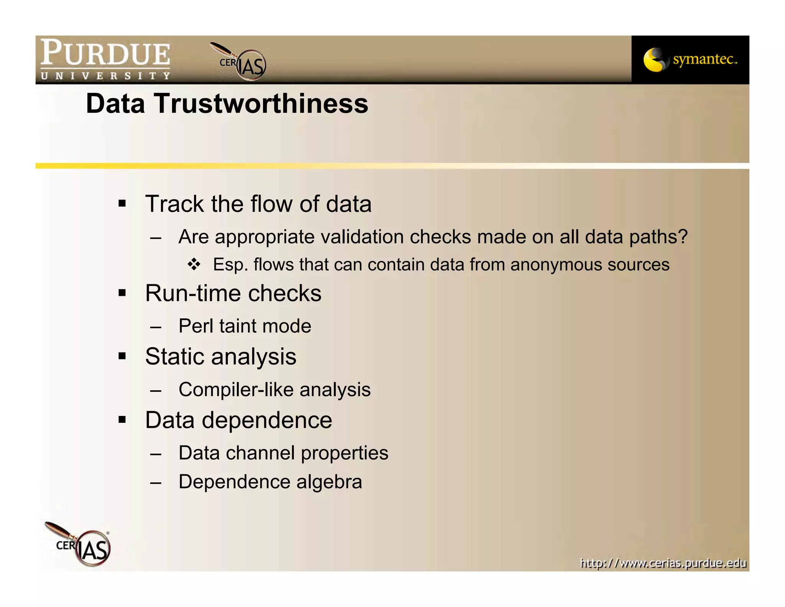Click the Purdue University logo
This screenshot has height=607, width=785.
tap(105, 59)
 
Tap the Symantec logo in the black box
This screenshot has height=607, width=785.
tap(690, 60)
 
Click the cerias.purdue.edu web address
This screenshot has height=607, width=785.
tap(663, 563)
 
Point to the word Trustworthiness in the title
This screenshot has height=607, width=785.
tap(261, 104)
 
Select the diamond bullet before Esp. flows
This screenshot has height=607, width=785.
tap(194, 264)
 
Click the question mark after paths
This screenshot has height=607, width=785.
tap(682, 237)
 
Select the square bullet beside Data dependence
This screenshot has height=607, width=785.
tap(122, 420)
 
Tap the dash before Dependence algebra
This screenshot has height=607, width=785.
tap(156, 483)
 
